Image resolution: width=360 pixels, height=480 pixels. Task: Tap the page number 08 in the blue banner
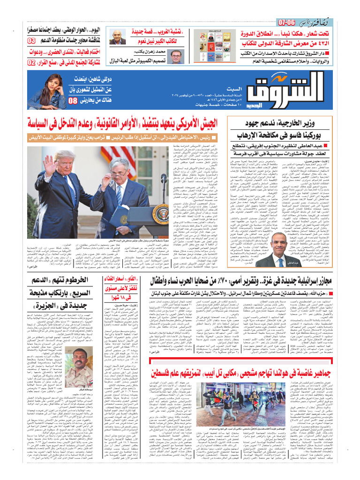pyautogui.click(x=74, y=101)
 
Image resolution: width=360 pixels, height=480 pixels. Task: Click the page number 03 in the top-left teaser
pyautogui.click(x=31, y=41)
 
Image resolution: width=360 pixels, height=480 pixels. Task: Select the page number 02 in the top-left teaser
pyautogui.click(x=31, y=62)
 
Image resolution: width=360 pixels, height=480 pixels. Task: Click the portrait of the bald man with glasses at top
pyautogui.click(x=116, y=37)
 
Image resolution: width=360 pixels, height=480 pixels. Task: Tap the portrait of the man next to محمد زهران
pyautogui.click(x=176, y=57)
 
